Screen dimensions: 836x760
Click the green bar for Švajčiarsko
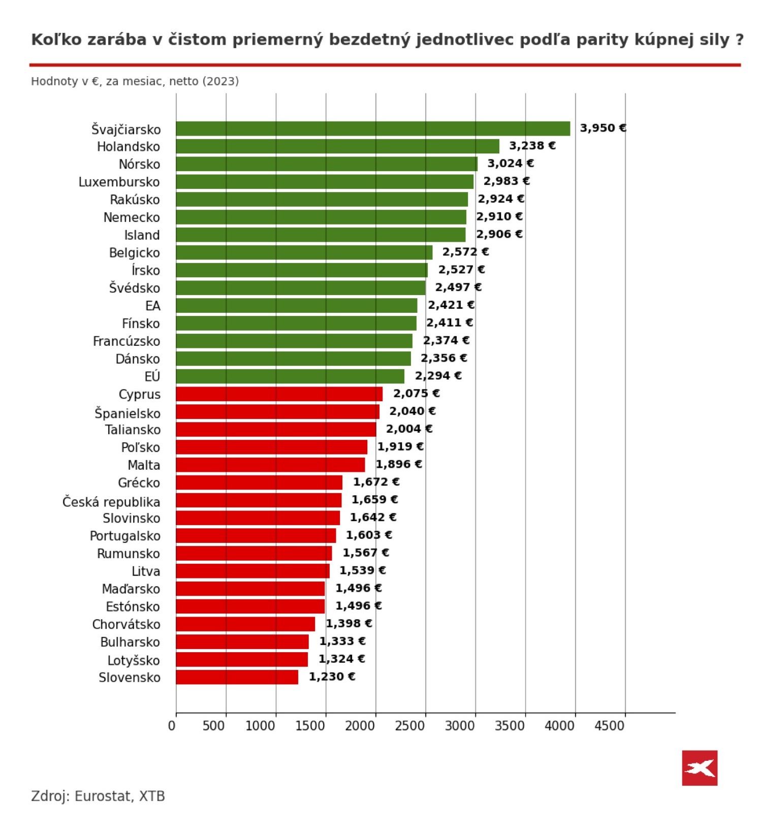[x=373, y=128]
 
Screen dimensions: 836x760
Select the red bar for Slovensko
[x=237, y=677]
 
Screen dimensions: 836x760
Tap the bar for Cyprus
[x=279, y=394]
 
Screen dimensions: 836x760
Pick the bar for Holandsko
[x=337, y=146]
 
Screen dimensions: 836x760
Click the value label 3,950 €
[x=603, y=128]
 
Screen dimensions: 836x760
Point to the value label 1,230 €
[x=332, y=677]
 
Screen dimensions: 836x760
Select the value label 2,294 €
[x=438, y=376]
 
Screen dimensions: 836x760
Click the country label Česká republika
[x=111, y=502]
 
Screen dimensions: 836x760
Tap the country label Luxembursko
[x=119, y=182]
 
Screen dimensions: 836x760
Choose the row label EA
[x=152, y=306]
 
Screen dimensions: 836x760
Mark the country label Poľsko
[x=140, y=447]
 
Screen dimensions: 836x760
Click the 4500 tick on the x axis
[x=610, y=726]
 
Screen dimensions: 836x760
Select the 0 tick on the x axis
[x=172, y=726]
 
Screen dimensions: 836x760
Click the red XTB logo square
[x=700, y=767]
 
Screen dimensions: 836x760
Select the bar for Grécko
[x=259, y=483]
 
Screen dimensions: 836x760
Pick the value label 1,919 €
[x=400, y=446]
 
